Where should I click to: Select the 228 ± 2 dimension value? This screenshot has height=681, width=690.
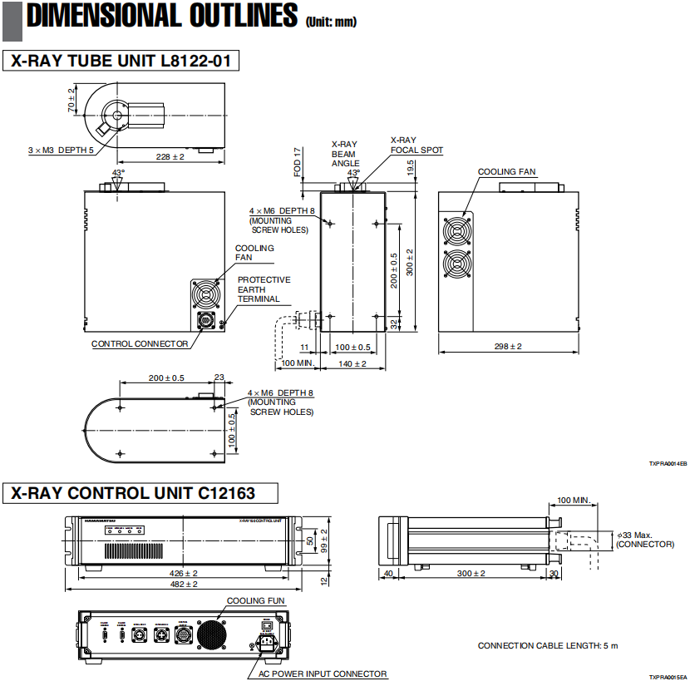(x=169, y=156)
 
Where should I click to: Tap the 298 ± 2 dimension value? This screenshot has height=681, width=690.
(x=506, y=345)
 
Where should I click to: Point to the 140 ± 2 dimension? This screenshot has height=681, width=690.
(x=350, y=363)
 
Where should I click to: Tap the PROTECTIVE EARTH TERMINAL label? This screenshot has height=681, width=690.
(x=264, y=289)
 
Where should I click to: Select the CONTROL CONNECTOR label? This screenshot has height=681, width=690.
(x=139, y=343)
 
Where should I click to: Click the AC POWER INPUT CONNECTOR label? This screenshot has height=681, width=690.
(x=323, y=674)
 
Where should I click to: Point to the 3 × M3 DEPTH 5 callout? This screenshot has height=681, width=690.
(x=61, y=151)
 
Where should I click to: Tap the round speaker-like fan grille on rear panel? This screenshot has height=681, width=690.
(x=209, y=635)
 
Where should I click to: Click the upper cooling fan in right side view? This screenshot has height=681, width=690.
(x=456, y=229)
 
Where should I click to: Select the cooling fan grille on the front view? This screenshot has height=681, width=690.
(x=205, y=294)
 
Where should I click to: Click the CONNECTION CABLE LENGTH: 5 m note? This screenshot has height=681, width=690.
(x=548, y=645)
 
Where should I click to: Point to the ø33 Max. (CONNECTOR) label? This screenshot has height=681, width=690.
(x=644, y=538)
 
